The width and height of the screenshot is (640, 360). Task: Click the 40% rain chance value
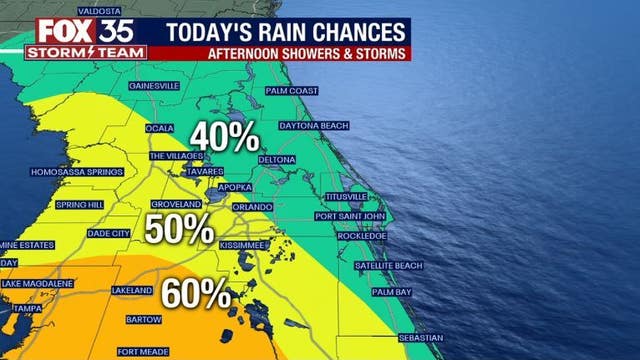[226, 137]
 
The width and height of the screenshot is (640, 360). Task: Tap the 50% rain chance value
[180, 229]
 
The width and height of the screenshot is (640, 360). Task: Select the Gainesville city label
[153, 86]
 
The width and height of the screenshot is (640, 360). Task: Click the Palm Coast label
[291, 91]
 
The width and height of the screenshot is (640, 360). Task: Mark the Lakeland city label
[132, 290]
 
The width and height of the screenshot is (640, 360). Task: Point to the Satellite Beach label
[389, 265]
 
